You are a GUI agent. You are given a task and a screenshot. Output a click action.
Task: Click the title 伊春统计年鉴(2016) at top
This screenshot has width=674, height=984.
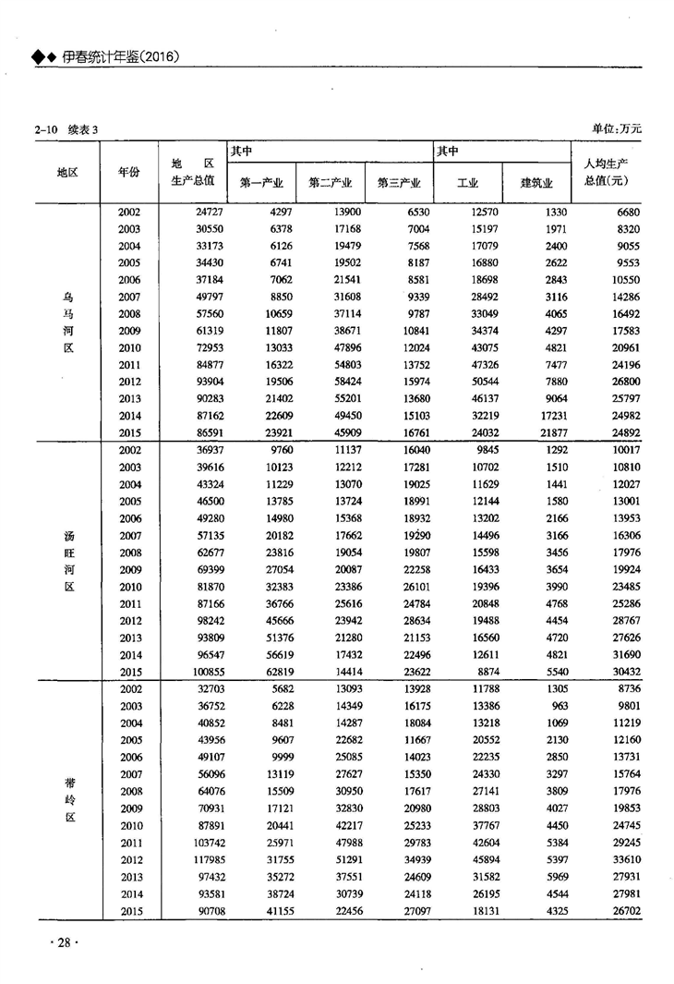click(x=119, y=57)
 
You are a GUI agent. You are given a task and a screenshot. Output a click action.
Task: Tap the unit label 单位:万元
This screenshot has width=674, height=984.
click(x=616, y=128)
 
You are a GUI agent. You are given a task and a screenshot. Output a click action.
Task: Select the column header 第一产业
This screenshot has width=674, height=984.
click(x=260, y=182)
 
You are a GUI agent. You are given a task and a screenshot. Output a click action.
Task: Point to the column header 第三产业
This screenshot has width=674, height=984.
click(x=399, y=182)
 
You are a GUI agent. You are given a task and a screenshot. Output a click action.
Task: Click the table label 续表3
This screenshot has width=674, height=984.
click(x=82, y=129)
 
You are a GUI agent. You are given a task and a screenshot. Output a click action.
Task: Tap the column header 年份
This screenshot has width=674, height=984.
click(x=129, y=172)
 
